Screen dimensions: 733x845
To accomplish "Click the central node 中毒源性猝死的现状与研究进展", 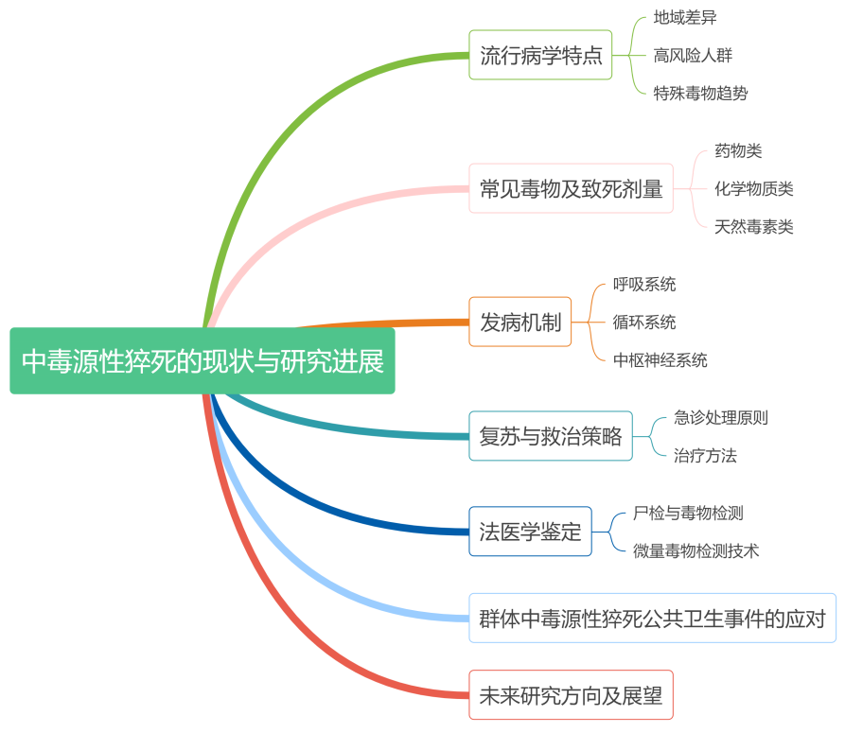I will pos(202,360).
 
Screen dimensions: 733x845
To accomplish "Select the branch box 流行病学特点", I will pos(540,55).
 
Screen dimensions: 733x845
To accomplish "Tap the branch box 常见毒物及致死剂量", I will pos(571,188).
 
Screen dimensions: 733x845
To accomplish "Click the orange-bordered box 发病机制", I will pos(519,323).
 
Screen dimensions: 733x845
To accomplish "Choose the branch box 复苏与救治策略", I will pos(551,436).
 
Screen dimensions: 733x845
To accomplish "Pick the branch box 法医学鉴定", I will pos(530,532).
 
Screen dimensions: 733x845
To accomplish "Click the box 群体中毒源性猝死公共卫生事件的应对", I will pos(652,619).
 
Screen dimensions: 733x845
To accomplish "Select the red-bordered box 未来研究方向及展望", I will pos(571,695).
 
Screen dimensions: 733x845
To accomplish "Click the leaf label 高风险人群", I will pos(693,55).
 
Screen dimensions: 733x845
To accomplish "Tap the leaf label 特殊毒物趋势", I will pos(700,93).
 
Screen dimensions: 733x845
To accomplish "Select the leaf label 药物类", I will pos(738,150).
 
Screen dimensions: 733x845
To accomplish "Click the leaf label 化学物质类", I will pos(753,188).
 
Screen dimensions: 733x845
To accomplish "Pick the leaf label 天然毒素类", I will pos(753,226).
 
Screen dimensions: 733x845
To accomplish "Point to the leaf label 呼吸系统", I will pos(644,284).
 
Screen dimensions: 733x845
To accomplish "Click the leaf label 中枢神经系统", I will pos(660,359).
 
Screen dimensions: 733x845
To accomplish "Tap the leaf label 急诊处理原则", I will pos(720,417).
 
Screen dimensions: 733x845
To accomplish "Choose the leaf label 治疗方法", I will pos(705,455).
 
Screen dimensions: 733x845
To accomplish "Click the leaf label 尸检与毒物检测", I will pos(688,513).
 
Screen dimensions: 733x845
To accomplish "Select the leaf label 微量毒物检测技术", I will pos(695,550).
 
